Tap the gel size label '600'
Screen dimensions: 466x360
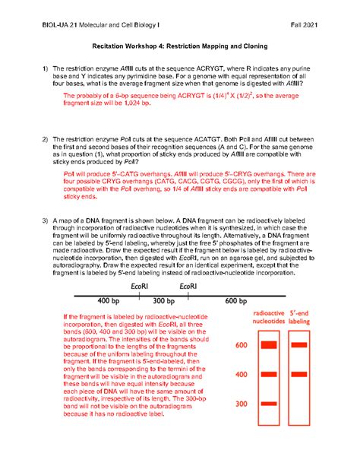tap(241, 346)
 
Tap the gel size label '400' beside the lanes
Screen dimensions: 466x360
tap(241, 375)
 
